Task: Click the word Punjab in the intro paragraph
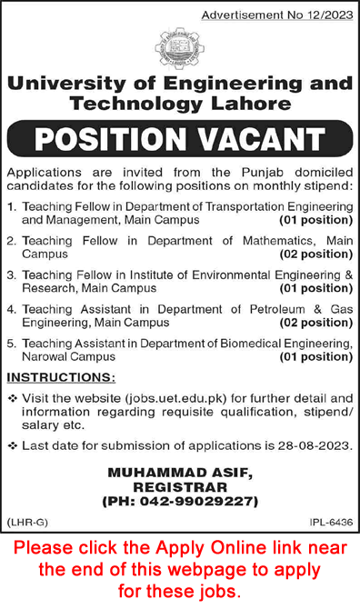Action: coord(254,172)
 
